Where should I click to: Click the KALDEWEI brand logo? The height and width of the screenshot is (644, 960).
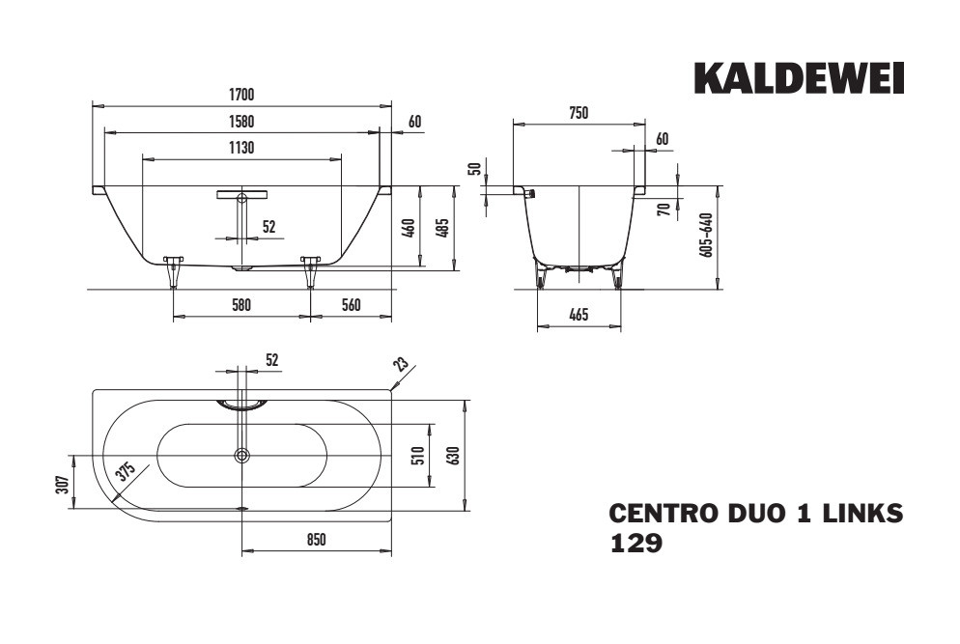tap(799, 78)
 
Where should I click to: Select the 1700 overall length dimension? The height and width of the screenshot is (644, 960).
tap(241, 95)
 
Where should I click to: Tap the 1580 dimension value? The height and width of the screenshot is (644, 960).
tap(241, 122)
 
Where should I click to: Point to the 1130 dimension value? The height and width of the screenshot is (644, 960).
tap(241, 148)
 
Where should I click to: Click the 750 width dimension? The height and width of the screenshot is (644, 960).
tap(579, 113)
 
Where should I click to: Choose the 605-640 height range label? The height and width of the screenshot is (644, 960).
tap(707, 235)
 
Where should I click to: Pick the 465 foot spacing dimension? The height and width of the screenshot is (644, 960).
tap(579, 315)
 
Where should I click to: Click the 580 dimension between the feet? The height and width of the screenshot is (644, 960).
tap(241, 304)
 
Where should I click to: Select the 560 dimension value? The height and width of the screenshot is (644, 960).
tap(351, 304)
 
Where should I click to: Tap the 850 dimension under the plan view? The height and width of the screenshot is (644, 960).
tap(317, 540)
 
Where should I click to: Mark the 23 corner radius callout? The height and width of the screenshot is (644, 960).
tap(401, 365)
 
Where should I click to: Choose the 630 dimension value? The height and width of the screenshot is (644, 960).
tap(454, 455)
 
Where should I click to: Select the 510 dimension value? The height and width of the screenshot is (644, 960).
tap(419, 455)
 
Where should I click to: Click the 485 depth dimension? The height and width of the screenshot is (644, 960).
tap(445, 227)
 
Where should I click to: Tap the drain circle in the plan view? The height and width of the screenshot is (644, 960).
tap(242, 455)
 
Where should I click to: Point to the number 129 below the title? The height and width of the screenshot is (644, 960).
tap(636, 543)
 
